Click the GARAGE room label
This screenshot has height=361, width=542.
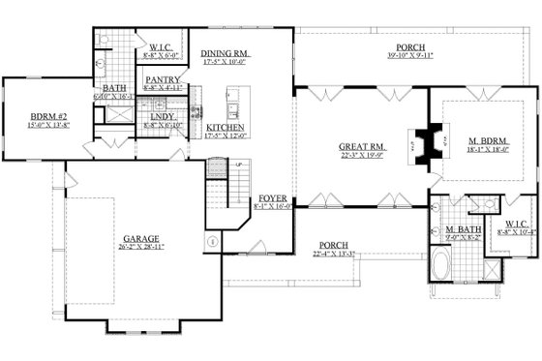141,235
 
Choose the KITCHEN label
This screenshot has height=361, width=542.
225,128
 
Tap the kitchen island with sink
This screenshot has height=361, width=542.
233,98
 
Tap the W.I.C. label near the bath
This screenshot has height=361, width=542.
161,46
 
